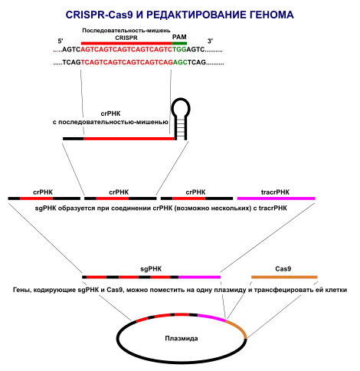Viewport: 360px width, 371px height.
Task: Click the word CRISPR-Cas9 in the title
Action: tap(100, 15)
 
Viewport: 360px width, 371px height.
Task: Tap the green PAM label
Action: tap(179, 37)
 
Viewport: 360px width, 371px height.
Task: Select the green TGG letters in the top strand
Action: tap(179, 49)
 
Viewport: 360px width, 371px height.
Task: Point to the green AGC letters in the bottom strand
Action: tap(180, 62)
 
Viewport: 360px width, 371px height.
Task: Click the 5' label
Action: tap(61, 41)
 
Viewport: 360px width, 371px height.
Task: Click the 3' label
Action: tap(210, 41)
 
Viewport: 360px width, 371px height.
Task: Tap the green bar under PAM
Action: tap(179, 43)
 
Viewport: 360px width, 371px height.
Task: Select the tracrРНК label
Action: tap(275, 192)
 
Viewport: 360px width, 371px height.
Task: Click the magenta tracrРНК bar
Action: tap(277, 199)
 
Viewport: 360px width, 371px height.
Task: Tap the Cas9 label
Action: tap(283, 269)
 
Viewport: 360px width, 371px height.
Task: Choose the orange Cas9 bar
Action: tap(284, 277)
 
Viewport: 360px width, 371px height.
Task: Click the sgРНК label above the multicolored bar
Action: tap(151, 269)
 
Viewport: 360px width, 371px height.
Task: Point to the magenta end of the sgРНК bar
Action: tap(199, 277)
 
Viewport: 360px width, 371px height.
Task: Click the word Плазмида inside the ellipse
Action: tap(182, 338)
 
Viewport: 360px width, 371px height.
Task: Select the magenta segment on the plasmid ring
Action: tap(212, 317)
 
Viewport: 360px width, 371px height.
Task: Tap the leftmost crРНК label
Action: tap(43, 192)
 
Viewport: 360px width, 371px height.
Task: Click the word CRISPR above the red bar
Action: tap(126, 38)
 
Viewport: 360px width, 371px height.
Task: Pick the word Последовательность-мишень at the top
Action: tap(126, 31)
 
